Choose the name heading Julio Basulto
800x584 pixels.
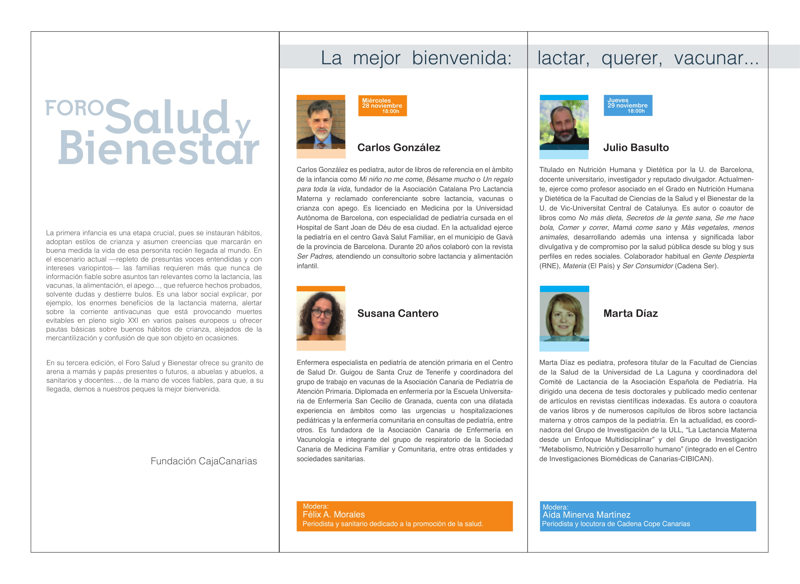[636, 147]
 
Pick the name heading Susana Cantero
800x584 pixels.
[398, 313]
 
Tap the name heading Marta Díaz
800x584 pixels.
[630, 313]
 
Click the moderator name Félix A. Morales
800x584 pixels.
[333, 514]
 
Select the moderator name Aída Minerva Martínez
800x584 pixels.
[586, 515]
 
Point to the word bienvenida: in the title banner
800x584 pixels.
[461, 58]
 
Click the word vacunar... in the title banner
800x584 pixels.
[716, 58]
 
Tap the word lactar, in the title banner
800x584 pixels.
[563, 58]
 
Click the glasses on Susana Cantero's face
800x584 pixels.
[321, 313]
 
